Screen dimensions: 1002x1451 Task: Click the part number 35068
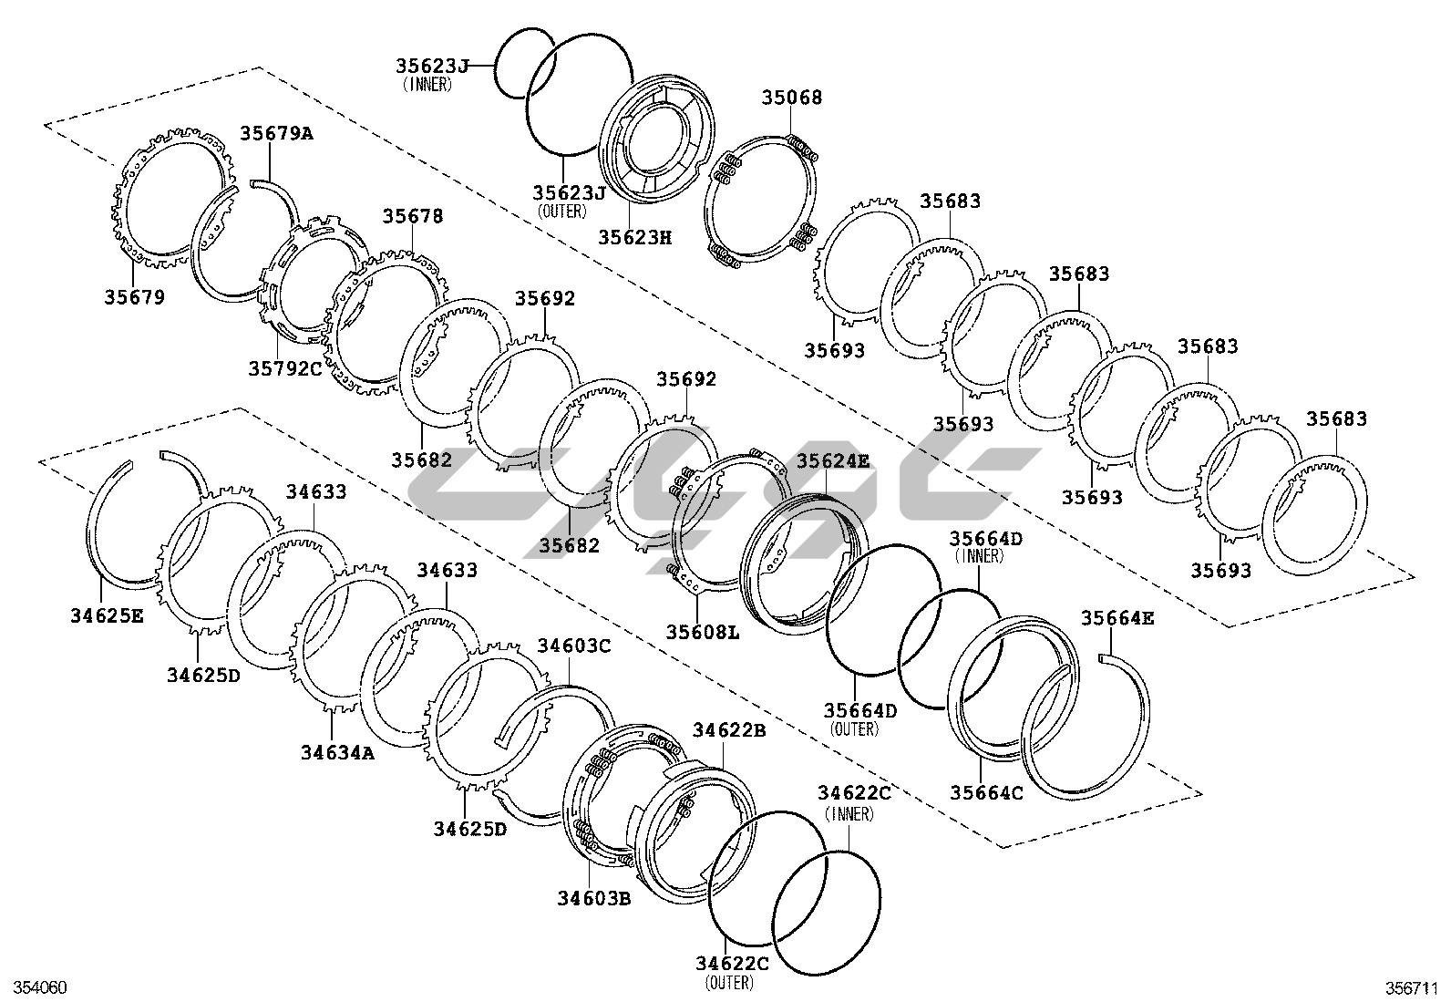[791, 98]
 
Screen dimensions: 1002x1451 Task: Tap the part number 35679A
[276, 133]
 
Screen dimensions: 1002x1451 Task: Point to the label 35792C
[285, 368]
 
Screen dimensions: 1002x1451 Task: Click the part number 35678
[413, 216]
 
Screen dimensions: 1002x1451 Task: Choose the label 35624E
[833, 461]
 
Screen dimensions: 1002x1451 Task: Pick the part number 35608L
[702, 631]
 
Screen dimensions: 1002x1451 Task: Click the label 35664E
[1117, 618]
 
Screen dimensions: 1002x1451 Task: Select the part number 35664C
[986, 793]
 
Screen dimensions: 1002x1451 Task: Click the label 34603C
[573, 646]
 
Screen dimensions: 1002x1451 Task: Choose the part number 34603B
[594, 898]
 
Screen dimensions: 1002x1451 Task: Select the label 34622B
[728, 729]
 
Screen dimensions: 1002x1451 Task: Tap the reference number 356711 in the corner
[1412, 987]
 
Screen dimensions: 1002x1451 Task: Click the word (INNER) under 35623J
[427, 84]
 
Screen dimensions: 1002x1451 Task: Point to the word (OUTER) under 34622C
[729, 983]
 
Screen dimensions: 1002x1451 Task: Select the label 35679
[134, 297]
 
